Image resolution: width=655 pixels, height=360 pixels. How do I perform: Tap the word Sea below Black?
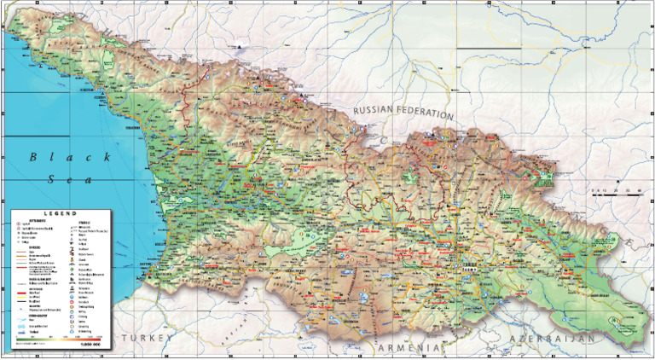[x=63, y=179]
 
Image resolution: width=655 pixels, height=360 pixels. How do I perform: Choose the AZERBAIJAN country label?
[x=550, y=340]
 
